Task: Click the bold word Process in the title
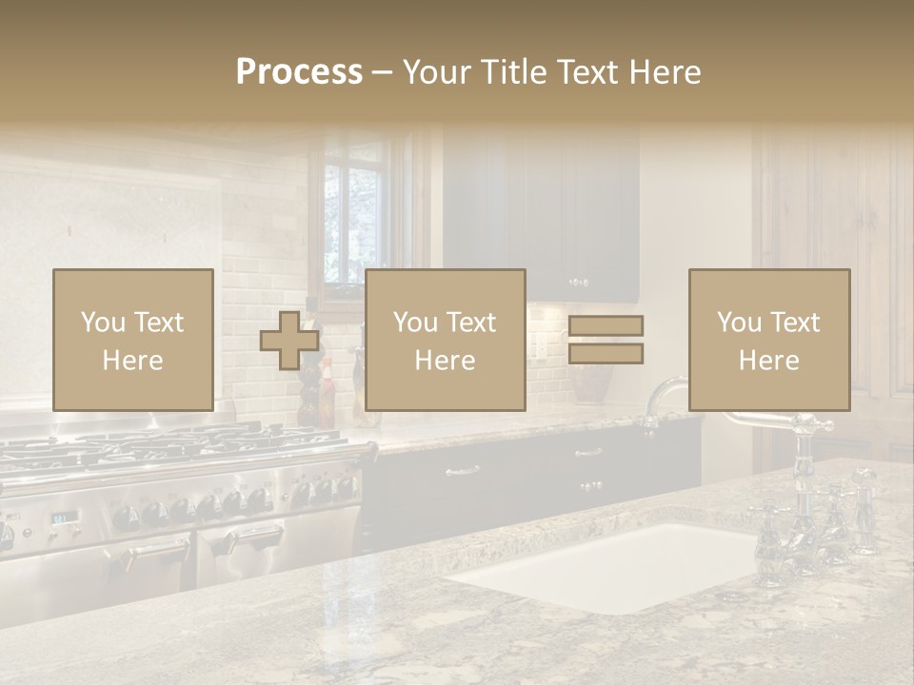tap(299, 72)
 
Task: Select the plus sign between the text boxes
tap(289, 341)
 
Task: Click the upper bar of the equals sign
tap(606, 325)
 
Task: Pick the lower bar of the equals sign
tap(606, 354)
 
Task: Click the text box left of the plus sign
tap(132, 340)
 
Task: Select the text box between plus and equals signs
tap(445, 340)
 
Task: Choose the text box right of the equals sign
tap(768, 340)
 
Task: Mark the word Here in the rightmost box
tap(768, 360)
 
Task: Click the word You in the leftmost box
tap(102, 322)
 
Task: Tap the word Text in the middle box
tap(470, 322)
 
